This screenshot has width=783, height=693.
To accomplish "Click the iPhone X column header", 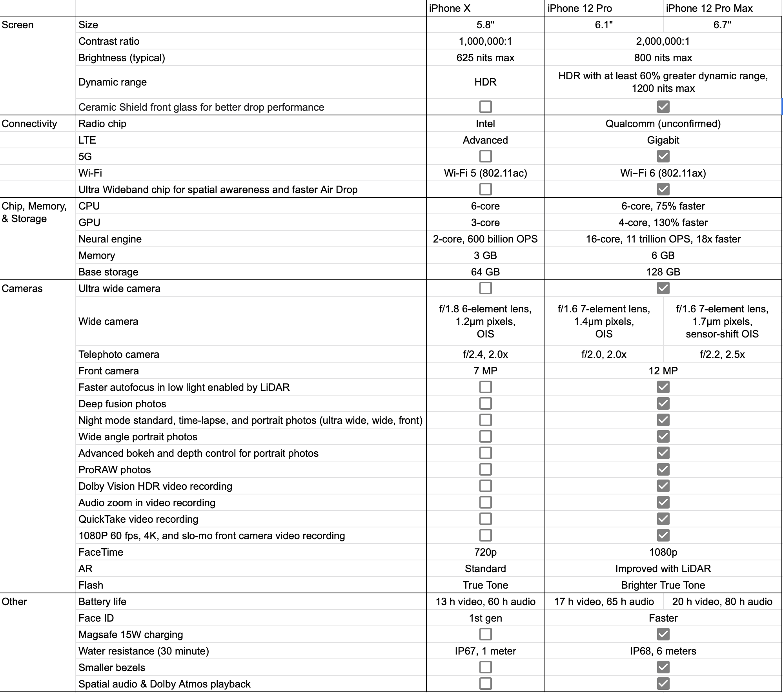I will (450, 8).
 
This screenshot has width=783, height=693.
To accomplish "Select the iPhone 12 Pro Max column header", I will (709, 8).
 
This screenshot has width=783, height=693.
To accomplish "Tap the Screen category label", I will (18, 25).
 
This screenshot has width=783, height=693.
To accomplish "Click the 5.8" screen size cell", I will (485, 25).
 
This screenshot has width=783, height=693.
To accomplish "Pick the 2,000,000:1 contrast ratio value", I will (663, 41).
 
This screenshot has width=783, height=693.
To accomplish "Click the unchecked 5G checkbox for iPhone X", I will (485, 156).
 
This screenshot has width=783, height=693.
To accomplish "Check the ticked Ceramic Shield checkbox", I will (663, 107).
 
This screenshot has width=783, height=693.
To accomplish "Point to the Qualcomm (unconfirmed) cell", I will (663, 124).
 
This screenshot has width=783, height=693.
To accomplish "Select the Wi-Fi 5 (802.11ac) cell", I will (485, 173).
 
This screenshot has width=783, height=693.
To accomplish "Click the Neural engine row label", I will (110, 239).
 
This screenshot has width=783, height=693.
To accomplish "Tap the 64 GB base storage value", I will (485, 272).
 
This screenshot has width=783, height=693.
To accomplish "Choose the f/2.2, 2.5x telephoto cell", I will (722, 354).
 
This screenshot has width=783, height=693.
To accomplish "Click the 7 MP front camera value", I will (485, 371).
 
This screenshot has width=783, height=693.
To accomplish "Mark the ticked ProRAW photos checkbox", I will (663, 469).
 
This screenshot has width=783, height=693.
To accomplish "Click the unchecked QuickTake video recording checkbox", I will (485, 519).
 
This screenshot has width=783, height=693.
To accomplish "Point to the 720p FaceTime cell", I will (485, 552).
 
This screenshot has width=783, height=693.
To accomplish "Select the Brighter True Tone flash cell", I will (663, 585).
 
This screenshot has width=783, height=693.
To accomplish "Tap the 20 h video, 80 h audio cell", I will (722, 602).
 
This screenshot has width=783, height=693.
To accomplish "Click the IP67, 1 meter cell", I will (485, 651).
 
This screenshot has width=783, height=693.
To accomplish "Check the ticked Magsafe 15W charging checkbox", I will (663, 634).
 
